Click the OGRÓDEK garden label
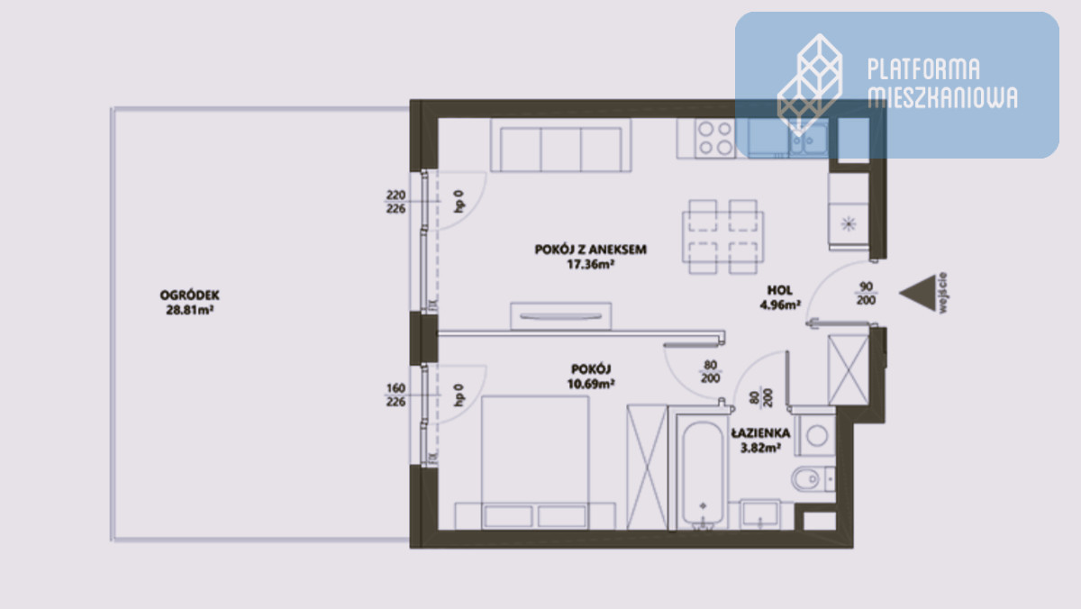tap(189, 295)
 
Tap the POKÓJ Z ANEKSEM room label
tap(590, 250)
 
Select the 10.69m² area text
tap(591, 384)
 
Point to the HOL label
tap(779, 290)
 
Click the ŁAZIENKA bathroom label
tap(760, 433)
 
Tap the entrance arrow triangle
tap(917, 294)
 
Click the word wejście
tap(942, 293)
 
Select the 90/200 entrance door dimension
tap(867, 294)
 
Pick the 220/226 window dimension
tap(395, 202)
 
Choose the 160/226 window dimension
tap(395, 395)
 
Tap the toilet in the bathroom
tap(813, 479)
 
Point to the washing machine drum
tap(816, 436)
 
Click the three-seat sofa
tap(560, 145)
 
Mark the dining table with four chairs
tap(722, 237)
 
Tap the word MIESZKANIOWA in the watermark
tap(942, 98)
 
